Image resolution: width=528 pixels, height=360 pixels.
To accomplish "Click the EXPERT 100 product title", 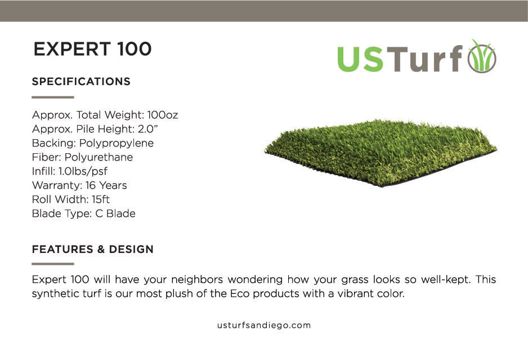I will (x=92, y=50).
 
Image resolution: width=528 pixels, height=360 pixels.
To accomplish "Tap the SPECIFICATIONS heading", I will (x=81, y=82).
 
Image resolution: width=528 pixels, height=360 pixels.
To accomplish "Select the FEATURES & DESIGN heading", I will (x=93, y=249).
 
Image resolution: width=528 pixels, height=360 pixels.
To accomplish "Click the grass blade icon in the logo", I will (x=482, y=57).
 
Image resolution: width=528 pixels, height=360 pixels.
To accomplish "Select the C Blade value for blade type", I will (x=114, y=214).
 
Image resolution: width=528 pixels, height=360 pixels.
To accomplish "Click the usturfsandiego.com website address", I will (x=264, y=325).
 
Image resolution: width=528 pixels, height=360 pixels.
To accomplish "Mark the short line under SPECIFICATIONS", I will (x=53, y=97).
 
